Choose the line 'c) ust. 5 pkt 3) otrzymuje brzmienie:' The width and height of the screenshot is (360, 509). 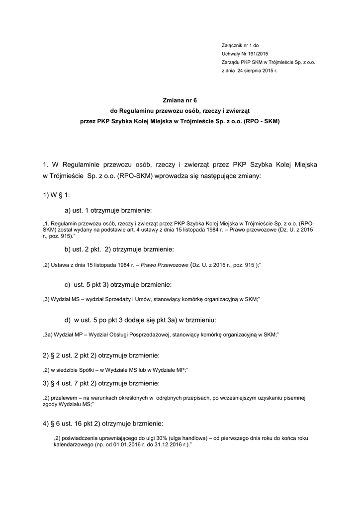coord(118,285)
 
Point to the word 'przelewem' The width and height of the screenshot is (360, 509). coord(65,399)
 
